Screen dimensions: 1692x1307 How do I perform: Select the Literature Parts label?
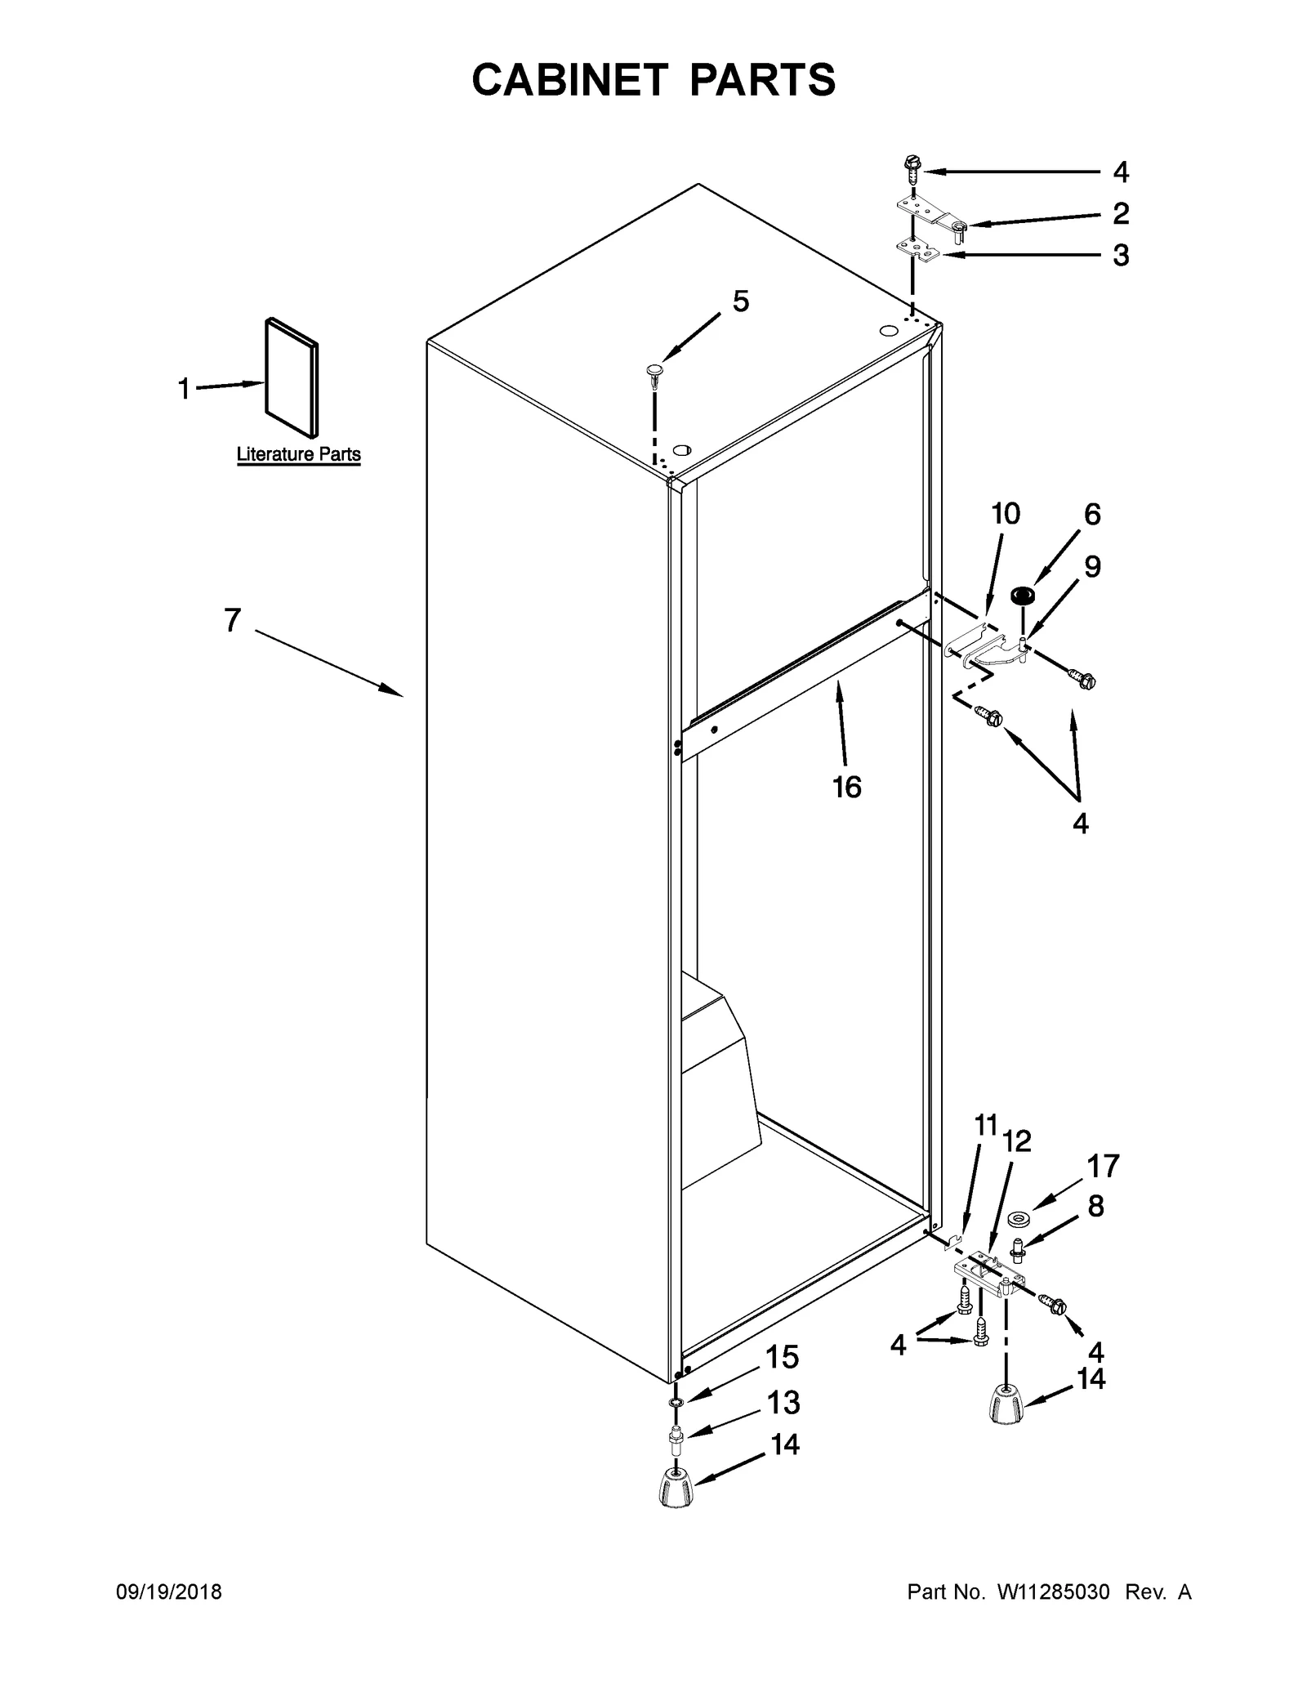(x=298, y=454)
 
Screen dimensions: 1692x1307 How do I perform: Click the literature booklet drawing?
(x=292, y=377)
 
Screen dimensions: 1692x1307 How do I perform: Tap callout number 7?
(x=233, y=621)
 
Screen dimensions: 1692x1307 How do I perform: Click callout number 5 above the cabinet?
(x=740, y=301)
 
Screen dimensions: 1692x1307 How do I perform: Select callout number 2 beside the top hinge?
(x=1121, y=213)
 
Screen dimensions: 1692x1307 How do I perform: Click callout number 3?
(x=1121, y=255)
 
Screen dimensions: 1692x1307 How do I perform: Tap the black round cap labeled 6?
(x=1019, y=595)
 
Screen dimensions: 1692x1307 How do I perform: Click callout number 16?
(x=847, y=787)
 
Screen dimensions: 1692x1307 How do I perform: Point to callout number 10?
(x=1006, y=514)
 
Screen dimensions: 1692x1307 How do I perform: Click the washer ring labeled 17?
(x=1017, y=1220)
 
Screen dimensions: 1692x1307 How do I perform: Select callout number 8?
(x=1096, y=1205)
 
